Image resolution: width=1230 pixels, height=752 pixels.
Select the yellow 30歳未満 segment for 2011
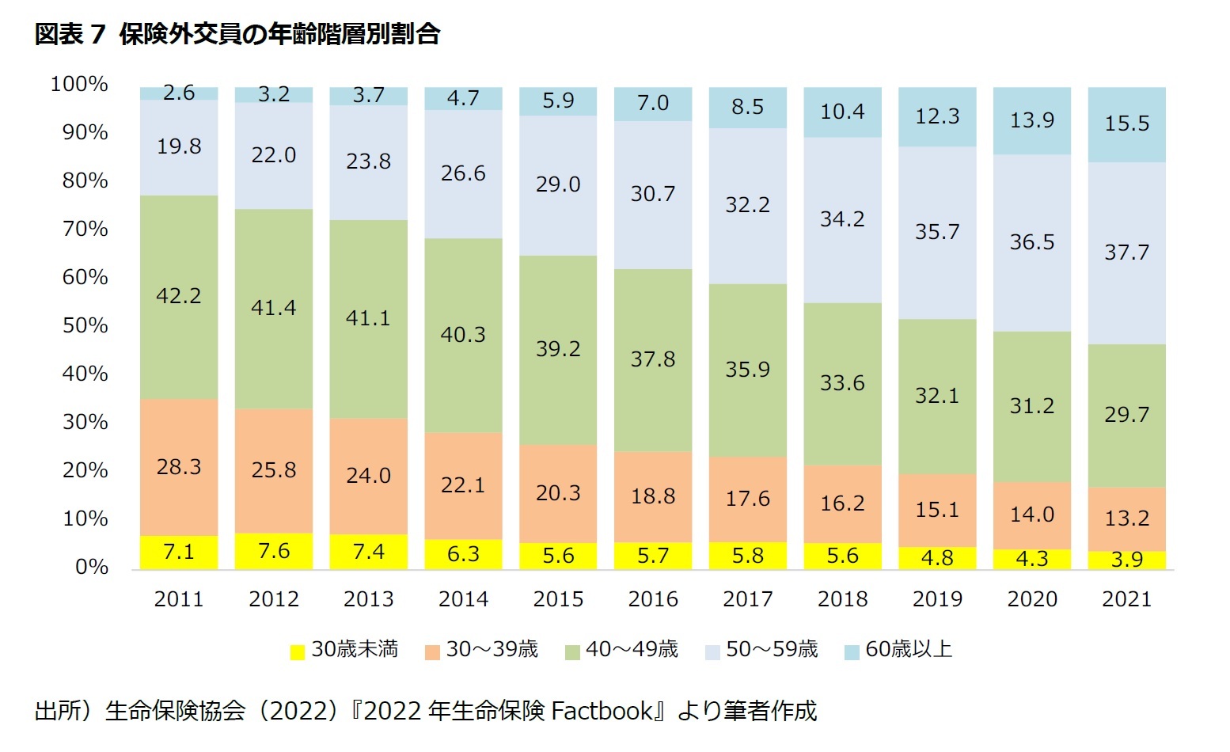click(179, 552)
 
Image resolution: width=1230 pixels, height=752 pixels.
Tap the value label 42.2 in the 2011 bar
click(179, 296)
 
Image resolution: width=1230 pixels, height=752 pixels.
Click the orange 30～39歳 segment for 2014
click(463, 485)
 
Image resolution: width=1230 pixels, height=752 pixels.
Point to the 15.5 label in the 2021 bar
click(1126, 123)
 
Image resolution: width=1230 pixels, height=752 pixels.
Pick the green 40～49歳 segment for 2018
click(842, 383)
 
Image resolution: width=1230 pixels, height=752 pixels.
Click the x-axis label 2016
click(653, 599)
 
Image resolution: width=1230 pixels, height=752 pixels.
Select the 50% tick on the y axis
click(85, 325)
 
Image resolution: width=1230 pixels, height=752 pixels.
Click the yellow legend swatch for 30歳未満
click(298, 651)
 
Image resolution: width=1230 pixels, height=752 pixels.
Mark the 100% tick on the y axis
click(79, 84)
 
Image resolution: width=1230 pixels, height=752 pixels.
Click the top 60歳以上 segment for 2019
click(937, 116)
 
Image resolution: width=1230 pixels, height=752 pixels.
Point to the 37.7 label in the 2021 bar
click(1126, 253)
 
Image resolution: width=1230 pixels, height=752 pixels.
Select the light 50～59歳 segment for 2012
click(274, 155)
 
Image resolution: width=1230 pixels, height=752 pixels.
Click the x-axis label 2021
click(1126, 599)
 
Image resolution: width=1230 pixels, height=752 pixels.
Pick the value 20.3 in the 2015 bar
click(558, 493)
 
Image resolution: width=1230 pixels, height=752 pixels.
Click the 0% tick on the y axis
click(92, 567)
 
